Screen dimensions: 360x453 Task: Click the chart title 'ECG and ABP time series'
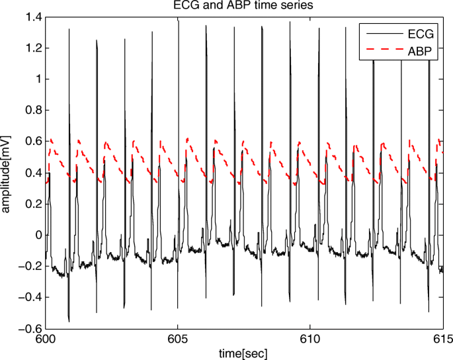tap(244, 7)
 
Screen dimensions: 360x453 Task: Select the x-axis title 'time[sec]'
tap(244, 353)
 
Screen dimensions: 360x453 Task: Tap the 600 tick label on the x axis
tap(46, 339)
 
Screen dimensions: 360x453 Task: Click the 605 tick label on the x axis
tap(178, 339)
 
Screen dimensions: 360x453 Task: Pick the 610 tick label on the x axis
tap(310, 339)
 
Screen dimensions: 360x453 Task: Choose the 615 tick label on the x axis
tap(442, 339)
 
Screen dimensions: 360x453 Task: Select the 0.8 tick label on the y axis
tap(32, 111)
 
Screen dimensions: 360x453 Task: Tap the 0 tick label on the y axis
tap(36, 236)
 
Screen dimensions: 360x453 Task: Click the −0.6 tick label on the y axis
tap(29, 329)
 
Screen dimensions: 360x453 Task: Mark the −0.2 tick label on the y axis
tap(29, 267)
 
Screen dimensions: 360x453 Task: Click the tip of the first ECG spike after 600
tap(69, 28)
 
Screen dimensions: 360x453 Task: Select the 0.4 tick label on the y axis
tap(32, 173)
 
